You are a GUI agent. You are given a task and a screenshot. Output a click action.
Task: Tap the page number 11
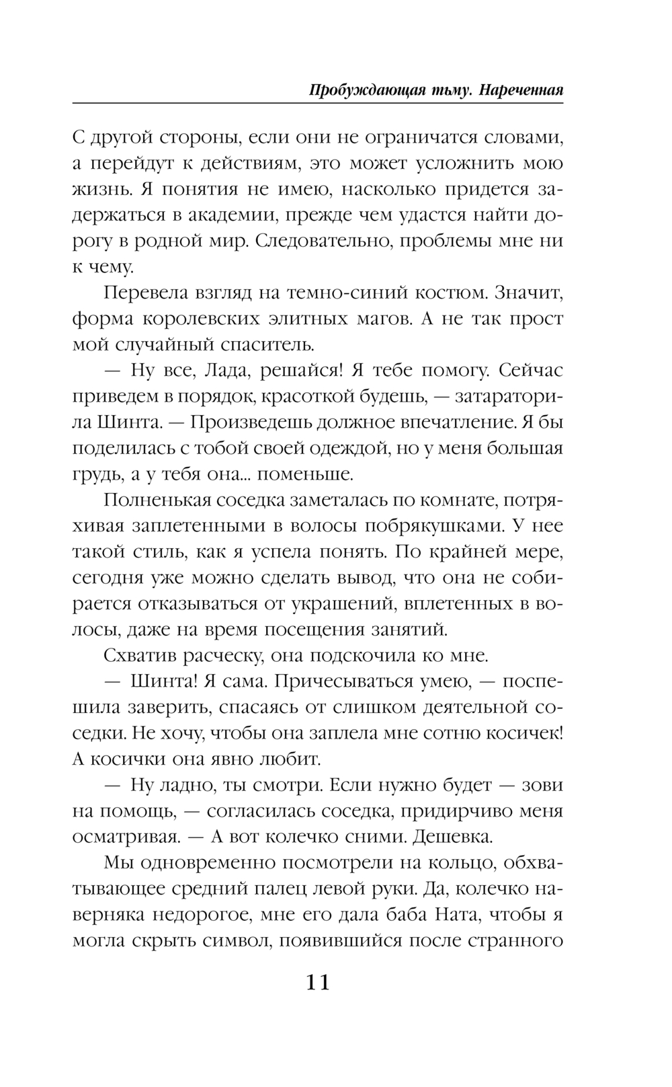point(318,983)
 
